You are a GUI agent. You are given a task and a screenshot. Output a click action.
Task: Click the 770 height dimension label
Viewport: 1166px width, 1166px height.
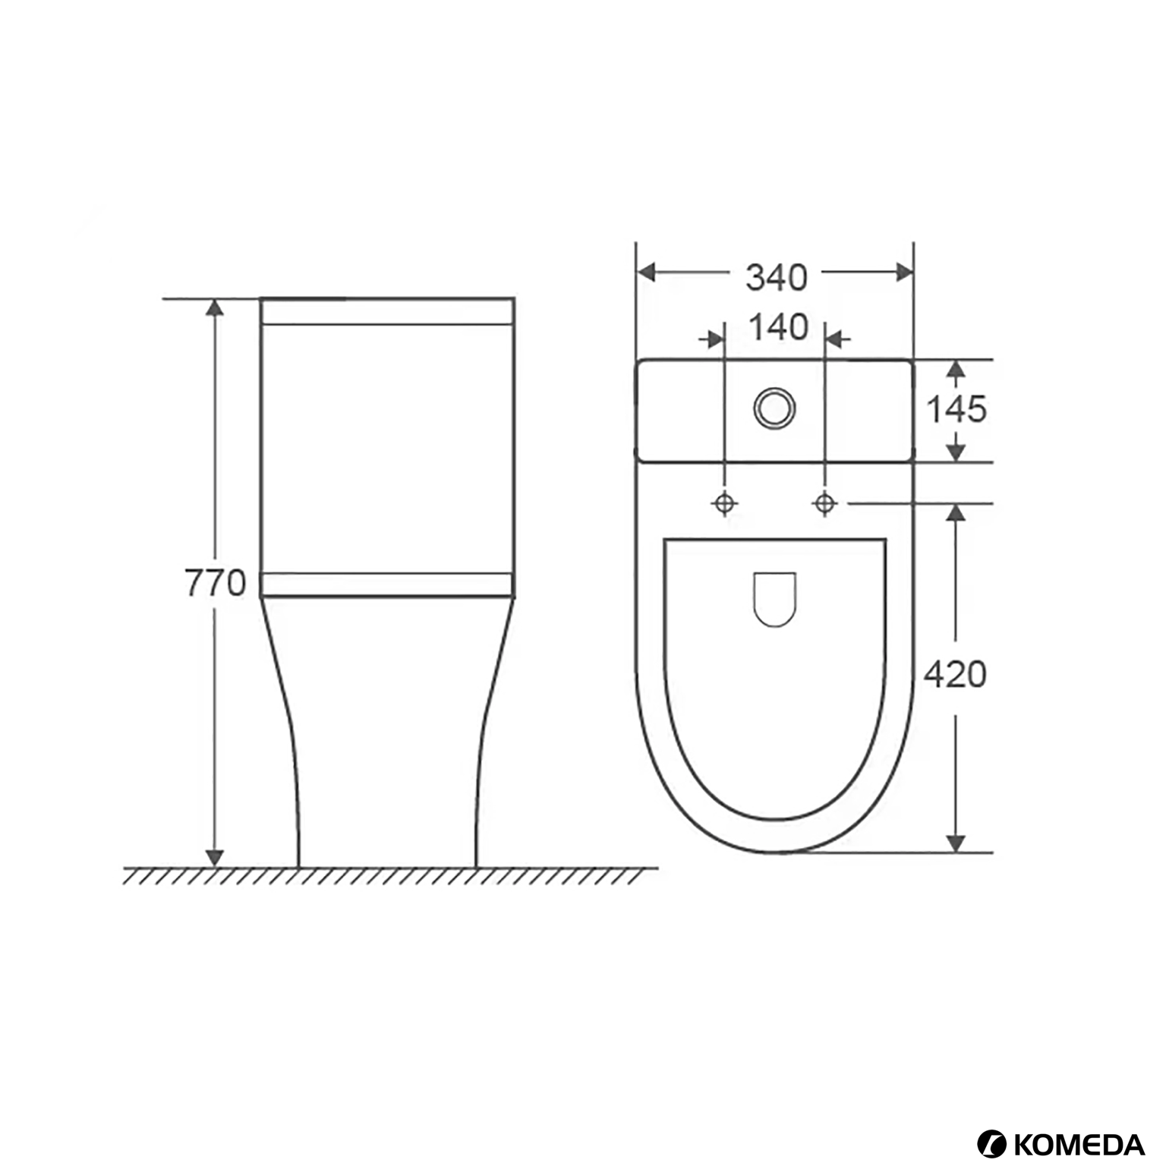pos(216,583)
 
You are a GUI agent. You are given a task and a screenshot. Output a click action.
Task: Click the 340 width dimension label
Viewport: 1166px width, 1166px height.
pos(776,277)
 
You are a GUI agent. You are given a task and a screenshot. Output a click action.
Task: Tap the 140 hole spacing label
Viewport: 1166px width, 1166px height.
pos(778,327)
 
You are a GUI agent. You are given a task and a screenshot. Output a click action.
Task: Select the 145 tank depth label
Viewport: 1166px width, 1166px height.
pos(956,409)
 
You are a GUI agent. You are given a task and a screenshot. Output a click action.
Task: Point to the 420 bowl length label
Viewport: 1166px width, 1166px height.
pos(955,673)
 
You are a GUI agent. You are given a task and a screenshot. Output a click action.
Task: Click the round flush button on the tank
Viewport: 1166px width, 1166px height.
pos(774,408)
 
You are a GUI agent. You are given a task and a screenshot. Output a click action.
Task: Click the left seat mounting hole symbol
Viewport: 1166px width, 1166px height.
pos(724,503)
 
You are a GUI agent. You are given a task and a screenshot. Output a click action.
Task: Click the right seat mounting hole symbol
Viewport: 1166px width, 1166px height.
pos(825,503)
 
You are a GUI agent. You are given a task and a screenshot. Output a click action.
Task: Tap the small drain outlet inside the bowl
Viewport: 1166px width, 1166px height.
pos(774,599)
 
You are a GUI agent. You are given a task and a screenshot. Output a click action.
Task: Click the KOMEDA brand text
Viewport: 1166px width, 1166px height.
pos(1078,1123)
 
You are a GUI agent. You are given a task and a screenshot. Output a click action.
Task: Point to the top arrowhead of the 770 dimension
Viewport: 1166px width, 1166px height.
pos(216,307)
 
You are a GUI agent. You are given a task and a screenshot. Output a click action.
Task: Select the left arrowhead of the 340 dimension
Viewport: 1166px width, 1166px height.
pos(646,272)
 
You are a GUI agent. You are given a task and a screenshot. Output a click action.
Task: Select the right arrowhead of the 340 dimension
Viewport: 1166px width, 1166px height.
pos(904,272)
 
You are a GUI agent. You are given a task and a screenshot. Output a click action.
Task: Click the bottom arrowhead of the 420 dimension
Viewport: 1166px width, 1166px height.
pos(956,843)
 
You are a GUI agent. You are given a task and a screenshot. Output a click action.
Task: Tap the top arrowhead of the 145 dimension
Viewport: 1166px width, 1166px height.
pos(956,369)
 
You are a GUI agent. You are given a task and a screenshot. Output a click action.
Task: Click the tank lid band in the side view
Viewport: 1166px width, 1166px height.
pos(387,311)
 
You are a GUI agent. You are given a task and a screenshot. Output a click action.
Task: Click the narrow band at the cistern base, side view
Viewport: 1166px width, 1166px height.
pos(387,585)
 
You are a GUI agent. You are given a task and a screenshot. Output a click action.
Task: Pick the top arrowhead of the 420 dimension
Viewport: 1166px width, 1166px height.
pos(956,512)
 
